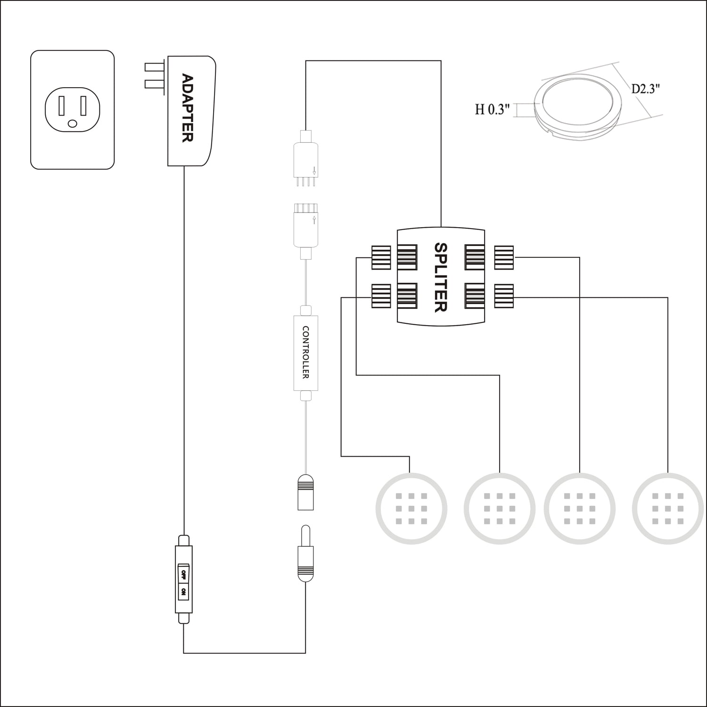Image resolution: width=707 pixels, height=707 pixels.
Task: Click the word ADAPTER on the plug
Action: tap(188, 108)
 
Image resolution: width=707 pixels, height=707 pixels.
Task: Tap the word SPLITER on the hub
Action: tap(440, 277)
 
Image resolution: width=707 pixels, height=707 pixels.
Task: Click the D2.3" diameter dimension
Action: tap(646, 89)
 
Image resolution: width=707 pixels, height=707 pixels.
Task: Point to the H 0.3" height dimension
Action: tap(493, 110)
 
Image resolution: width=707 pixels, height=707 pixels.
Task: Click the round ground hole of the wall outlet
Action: tap(72, 123)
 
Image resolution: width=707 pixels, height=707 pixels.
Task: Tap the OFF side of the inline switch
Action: tap(183, 574)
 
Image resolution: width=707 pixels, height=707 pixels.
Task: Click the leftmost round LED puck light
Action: tap(411, 509)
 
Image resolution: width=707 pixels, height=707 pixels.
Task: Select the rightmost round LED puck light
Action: tap(667, 509)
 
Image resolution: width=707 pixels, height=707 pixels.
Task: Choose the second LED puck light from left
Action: tap(500, 509)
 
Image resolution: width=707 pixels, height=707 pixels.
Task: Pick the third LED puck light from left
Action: tap(580, 509)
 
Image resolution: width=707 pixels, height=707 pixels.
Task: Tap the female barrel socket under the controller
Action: tap(306, 492)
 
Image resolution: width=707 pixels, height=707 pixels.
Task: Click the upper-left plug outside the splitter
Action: tap(381, 257)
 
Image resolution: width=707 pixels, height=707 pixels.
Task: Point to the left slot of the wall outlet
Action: tap(62, 106)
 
